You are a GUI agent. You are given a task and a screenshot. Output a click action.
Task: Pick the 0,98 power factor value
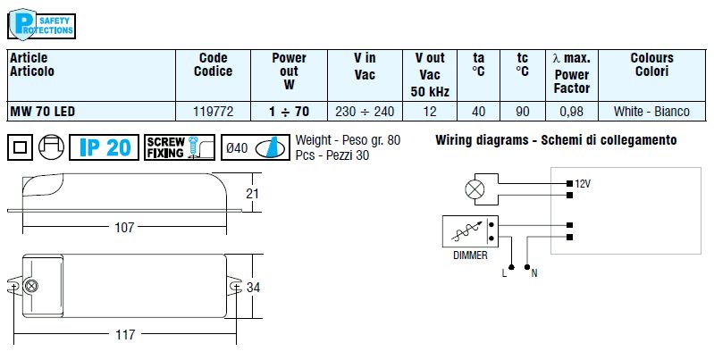click(x=571, y=113)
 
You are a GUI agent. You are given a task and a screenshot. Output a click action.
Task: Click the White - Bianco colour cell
click(x=651, y=113)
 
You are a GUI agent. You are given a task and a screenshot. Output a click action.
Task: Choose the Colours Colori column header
click(x=651, y=64)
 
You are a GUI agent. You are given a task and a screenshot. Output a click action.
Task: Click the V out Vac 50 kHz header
click(x=430, y=75)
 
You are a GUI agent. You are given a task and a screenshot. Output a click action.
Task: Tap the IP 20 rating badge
click(x=105, y=147)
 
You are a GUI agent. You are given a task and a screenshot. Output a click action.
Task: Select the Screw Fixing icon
click(x=179, y=147)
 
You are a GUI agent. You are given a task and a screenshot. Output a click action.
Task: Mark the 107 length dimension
click(x=124, y=228)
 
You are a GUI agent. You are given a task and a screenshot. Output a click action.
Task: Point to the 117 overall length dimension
click(x=124, y=335)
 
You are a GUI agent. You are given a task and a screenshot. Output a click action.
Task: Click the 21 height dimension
click(x=252, y=194)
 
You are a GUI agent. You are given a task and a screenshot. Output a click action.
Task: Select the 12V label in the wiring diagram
click(x=583, y=183)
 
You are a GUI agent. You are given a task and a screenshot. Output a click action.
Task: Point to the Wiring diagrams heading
click(x=555, y=140)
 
